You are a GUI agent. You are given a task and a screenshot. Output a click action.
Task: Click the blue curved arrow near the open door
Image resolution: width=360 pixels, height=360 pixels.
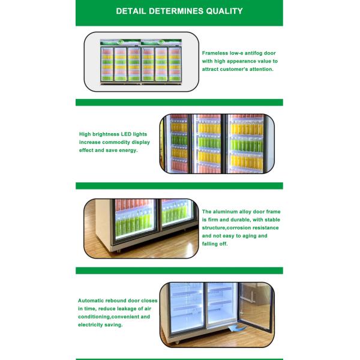point(236,328)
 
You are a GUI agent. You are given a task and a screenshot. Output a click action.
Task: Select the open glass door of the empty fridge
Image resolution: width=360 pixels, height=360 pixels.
point(256,306)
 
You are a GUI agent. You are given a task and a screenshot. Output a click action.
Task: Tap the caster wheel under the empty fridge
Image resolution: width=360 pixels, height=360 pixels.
point(177,343)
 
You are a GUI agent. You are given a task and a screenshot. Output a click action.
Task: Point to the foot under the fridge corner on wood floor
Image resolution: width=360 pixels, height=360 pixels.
point(119,251)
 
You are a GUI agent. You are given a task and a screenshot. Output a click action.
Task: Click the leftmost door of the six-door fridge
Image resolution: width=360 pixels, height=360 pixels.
point(107,64)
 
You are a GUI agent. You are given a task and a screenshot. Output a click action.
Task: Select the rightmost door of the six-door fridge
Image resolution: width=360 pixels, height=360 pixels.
point(175,64)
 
